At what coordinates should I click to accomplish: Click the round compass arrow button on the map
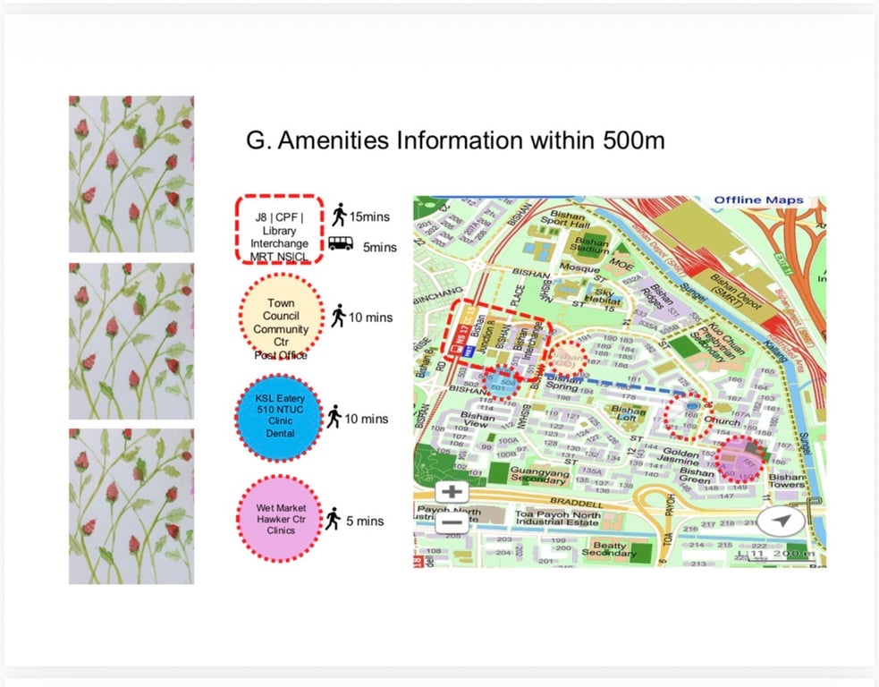[x=782, y=521]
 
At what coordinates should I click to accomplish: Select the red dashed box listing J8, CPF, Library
[x=279, y=229]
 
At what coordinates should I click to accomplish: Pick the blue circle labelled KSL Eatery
[x=280, y=419]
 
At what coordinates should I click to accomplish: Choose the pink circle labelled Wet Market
[x=280, y=520]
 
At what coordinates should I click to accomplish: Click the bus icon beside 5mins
[x=340, y=242]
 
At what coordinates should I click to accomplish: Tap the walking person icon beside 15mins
[x=339, y=215]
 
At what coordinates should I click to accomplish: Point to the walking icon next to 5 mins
[x=332, y=520]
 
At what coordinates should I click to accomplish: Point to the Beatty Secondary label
[x=611, y=548]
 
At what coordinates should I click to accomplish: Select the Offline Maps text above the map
[x=758, y=199]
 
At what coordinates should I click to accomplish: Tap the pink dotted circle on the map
[x=744, y=460]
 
